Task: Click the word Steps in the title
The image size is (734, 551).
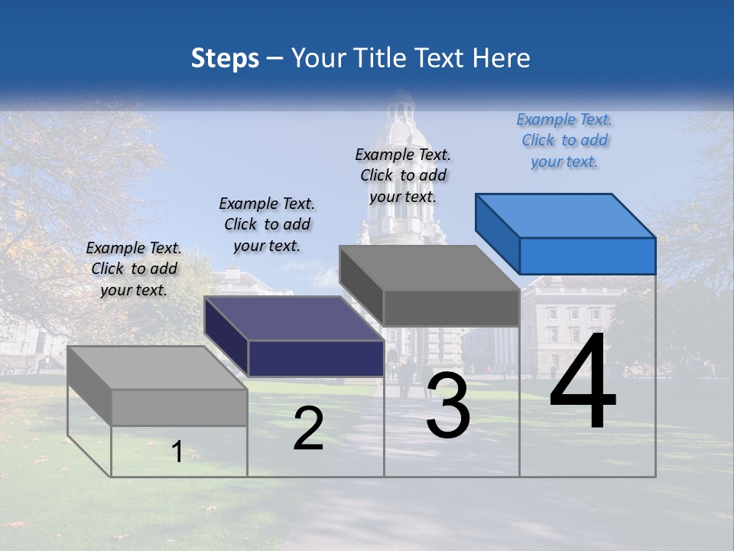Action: click(x=225, y=58)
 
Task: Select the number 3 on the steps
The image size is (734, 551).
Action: click(x=448, y=406)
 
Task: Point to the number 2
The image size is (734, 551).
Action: click(x=309, y=429)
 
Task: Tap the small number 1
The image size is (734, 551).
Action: click(x=177, y=452)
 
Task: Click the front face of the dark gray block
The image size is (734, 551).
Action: click(x=451, y=308)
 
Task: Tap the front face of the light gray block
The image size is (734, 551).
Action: click(x=180, y=407)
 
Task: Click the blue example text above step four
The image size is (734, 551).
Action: click(x=564, y=140)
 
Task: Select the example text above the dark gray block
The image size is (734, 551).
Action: click(x=403, y=175)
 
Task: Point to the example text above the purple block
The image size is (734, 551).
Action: click(x=267, y=224)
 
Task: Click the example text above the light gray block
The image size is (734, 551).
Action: click(x=134, y=269)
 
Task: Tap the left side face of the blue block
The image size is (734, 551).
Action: click(x=497, y=233)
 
